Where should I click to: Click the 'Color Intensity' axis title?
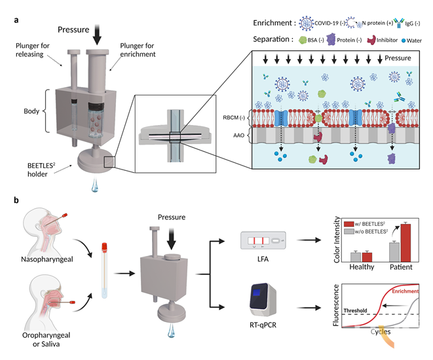tap(337, 240)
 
